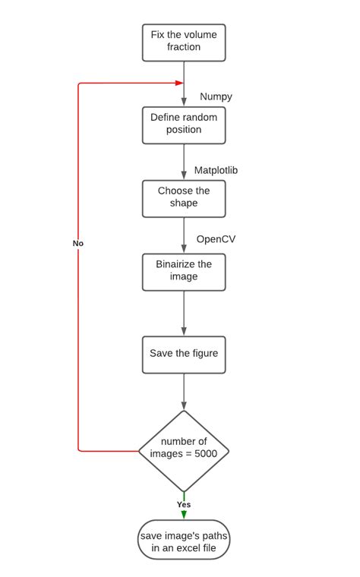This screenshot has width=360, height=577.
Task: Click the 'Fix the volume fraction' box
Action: pos(184,42)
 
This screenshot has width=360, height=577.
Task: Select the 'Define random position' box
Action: pos(184,125)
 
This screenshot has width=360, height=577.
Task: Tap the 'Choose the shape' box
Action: pos(184,197)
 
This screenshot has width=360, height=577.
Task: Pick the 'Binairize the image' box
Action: pos(184,271)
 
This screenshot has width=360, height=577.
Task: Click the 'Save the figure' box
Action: pos(184,355)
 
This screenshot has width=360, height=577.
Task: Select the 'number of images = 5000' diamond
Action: pos(184,451)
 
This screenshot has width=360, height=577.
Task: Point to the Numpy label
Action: pos(216,96)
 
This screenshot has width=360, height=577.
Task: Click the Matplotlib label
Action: pos(216,170)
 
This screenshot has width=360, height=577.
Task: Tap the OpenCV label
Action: pos(216,239)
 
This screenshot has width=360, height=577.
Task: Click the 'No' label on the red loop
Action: pos(78,244)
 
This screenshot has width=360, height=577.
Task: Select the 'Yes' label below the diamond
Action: pos(184,504)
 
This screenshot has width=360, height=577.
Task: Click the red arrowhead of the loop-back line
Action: pos(179,83)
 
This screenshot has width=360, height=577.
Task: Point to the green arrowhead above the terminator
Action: pos(184,515)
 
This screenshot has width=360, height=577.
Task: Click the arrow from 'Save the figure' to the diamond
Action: pos(184,392)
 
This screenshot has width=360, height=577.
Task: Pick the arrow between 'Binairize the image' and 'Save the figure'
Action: pos(184,313)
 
